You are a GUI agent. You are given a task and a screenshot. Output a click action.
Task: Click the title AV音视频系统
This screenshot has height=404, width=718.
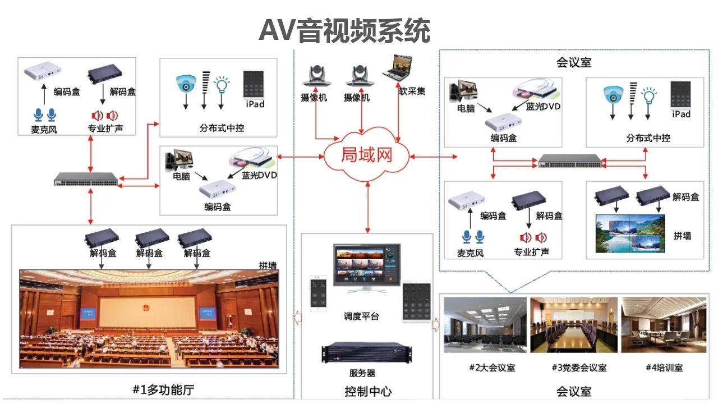tap(344, 30)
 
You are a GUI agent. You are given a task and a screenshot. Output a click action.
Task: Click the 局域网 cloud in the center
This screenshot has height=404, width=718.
tap(366, 154)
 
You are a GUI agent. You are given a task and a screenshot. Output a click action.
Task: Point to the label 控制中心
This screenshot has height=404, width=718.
tap(368, 391)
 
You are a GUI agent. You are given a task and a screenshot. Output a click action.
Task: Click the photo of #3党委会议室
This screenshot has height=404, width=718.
tap(573, 325)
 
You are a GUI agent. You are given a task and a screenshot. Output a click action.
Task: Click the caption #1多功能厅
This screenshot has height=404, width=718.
tap(164, 389)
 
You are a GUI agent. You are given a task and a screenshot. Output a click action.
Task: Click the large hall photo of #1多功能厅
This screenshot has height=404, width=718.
tap(149, 319)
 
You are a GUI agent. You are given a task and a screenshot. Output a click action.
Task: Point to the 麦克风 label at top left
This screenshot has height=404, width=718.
tap(44, 130)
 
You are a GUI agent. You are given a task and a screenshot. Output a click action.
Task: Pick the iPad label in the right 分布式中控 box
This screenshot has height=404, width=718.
tap(681, 114)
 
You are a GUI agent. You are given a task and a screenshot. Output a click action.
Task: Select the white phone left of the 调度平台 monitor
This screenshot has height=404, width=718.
tap(318, 292)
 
